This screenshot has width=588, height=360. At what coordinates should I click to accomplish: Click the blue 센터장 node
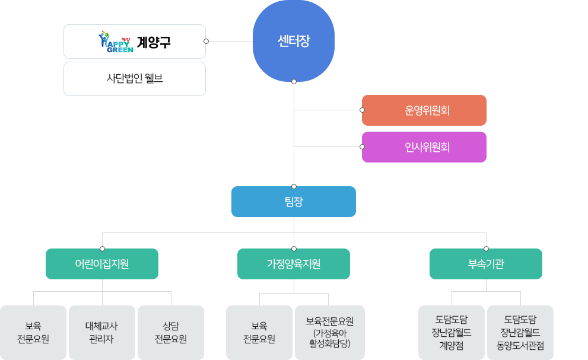pyautogui.click(x=294, y=41)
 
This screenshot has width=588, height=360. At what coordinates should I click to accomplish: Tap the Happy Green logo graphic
pyautogui.click(x=116, y=42)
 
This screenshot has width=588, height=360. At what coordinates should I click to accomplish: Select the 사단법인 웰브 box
pyautogui.click(x=135, y=79)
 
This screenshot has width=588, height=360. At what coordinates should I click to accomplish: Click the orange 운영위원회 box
pyautogui.click(x=424, y=110)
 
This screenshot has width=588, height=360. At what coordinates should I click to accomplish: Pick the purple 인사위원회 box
pyautogui.click(x=424, y=147)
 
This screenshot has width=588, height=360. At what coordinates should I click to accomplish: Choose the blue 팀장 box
pyautogui.click(x=294, y=202)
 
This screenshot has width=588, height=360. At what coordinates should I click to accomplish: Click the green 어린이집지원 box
pyautogui.click(x=102, y=264)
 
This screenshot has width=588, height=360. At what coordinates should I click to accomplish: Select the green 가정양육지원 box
pyautogui.click(x=294, y=264)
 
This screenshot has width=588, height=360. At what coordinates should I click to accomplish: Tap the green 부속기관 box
pyautogui.click(x=486, y=264)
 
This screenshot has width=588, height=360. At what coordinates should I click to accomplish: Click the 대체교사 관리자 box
pyautogui.click(x=102, y=333)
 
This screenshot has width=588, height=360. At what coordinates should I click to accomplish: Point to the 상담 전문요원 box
pyautogui.click(x=171, y=333)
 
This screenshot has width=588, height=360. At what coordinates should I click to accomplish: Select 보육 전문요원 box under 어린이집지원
pyautogui.click(x=33, y=333)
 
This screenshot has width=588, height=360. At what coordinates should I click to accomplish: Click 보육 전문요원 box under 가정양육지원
pyautogui.click(x=259, y=333)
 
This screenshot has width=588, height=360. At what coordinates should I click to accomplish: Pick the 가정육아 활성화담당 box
pyautogui.click(x=330, y=333)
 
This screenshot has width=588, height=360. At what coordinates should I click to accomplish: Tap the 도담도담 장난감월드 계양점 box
pyautogui.click(x=452, y=333)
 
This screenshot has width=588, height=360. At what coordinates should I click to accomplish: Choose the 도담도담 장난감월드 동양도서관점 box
pyautogui.click(x=520, y=333)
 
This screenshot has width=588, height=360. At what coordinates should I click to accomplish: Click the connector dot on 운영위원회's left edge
pyautogui.click(x=362, y=110)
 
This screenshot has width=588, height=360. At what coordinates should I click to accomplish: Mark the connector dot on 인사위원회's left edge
pyautogui.click(x=362, y=146)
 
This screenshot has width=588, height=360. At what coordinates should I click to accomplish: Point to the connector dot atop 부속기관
pyautogui.click(x=486, y=249)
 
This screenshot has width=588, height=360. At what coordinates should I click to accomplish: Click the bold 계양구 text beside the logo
pyautogui.click(x=154, y=42)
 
